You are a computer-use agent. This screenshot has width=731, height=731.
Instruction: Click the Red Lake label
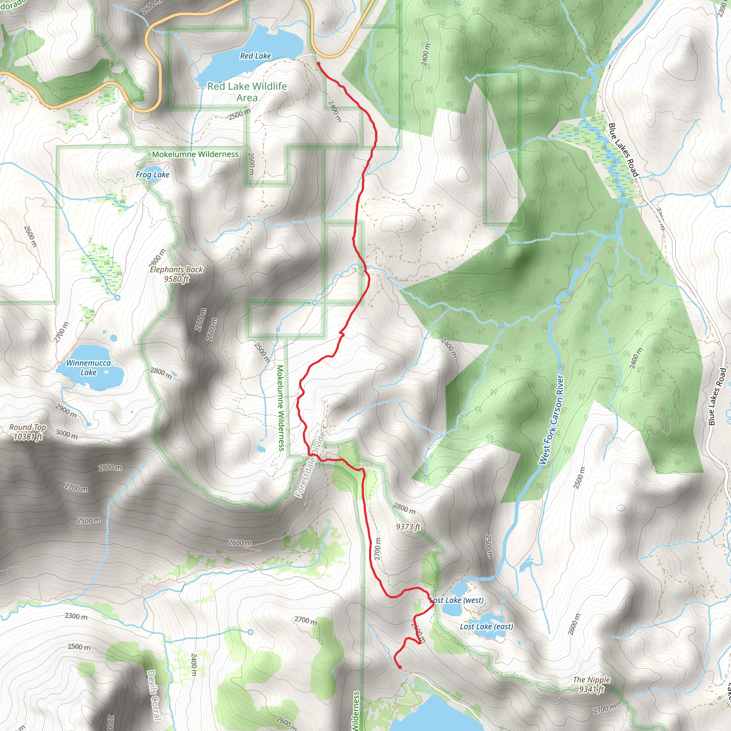coord(256,56)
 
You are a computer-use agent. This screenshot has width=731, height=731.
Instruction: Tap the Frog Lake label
coord(152,175)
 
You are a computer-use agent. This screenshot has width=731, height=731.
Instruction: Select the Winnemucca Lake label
coord(89,367)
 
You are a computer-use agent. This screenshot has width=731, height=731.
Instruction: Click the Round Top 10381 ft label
coord(27,432)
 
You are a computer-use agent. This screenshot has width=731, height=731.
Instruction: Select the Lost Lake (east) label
coord(487,626)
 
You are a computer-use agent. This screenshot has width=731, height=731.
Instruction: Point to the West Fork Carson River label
coord(551,420)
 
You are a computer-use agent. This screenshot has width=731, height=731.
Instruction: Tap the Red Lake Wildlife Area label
coord(247,92)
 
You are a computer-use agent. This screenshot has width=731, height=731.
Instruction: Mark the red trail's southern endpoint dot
coord(400,667)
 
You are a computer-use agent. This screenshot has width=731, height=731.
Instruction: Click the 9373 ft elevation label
coord(408,527)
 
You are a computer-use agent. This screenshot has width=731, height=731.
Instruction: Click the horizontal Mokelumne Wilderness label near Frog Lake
coord(195,154)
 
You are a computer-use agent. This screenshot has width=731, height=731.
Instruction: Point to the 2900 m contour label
coord(66,411)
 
